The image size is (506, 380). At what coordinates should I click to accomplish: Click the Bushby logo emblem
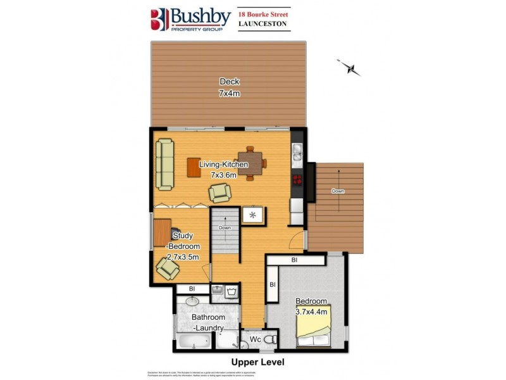[x=159, y=20]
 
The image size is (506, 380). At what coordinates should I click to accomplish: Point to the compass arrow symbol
[x=349, y=67]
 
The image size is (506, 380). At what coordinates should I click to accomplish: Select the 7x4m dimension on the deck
[x=230, y=93]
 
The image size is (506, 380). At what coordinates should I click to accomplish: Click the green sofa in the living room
[x=165, y=164]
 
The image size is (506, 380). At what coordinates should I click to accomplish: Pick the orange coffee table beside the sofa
[x=194, y=167]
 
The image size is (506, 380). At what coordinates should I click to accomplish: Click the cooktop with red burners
[x=297, y=179]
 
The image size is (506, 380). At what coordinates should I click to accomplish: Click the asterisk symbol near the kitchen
[x=252, y=215]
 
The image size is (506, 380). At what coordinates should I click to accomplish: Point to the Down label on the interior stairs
[x=225, y=228]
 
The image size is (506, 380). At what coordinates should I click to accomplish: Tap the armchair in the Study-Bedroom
[x=168, y=269]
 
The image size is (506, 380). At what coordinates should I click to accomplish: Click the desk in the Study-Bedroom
[x=162, y=232]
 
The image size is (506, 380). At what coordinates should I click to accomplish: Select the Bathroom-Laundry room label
[x=209, y=322]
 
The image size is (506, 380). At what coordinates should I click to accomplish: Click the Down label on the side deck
[x=338, y=191]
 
